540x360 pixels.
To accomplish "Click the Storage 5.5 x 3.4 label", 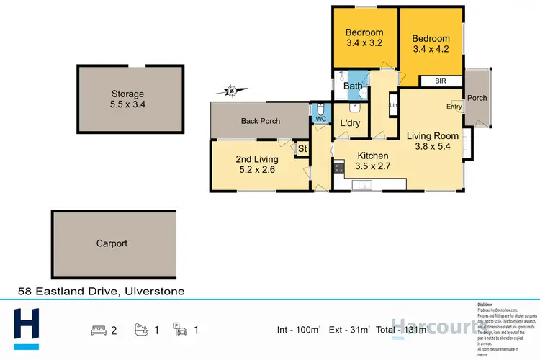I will [127, 99].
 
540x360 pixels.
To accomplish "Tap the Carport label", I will [112, 243].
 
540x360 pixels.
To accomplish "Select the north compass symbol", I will [230, 91].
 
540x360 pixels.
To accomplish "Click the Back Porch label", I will [260, 121].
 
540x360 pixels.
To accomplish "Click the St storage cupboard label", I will [302, 149].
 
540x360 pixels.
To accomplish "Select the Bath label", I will [353, 86].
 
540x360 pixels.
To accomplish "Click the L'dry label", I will [350, 123].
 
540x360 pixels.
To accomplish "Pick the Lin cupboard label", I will [393, 105].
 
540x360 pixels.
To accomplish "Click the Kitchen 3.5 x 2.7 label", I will [373, 161].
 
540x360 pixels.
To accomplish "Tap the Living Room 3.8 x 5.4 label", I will [432, 141].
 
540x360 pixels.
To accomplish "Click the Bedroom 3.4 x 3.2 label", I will [364, 37].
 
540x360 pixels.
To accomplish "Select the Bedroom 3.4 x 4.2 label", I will [431, 44].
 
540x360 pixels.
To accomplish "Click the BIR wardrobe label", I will [441, 81].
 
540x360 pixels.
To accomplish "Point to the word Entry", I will [454, 107].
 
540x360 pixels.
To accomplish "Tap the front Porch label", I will [477, 98].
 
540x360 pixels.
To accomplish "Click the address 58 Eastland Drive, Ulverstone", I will [101, 292].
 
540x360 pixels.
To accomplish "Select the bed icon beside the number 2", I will [98, 330].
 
